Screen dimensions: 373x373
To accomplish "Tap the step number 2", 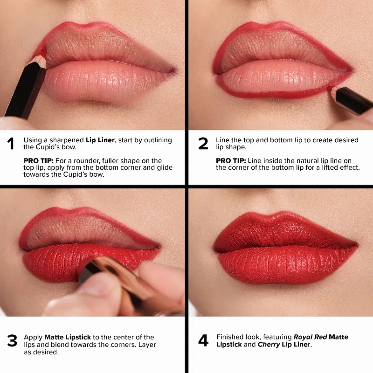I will tap(203, 144).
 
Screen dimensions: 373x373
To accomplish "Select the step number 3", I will tap(12, 341).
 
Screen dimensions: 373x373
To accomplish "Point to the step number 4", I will tap(203, 341).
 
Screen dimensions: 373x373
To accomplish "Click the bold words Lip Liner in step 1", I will tap(99, 140).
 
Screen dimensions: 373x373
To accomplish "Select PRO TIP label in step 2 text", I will tap(230, 160).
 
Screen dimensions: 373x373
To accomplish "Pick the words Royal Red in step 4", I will tap(310, 337).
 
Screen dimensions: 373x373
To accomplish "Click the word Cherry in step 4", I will tap(265, 345).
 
